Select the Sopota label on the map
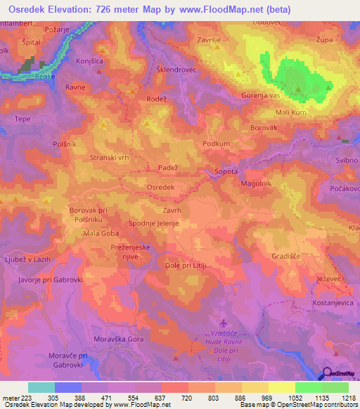[x=226, y=171]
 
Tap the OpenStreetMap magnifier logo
[x=326, y=375]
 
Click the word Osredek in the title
[x=32, y=10]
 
